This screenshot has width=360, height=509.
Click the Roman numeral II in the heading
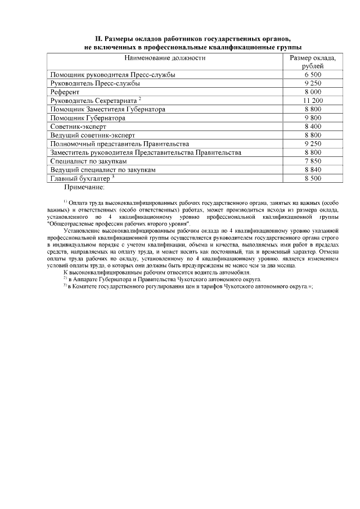[x=97, y=39]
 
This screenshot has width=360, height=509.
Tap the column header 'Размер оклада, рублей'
[x=312, y=62]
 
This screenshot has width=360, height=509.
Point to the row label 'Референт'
[x=65, y=91]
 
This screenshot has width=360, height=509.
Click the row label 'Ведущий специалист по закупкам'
[x=102, y=169]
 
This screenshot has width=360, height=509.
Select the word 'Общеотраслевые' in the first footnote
[x=71, y=223]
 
